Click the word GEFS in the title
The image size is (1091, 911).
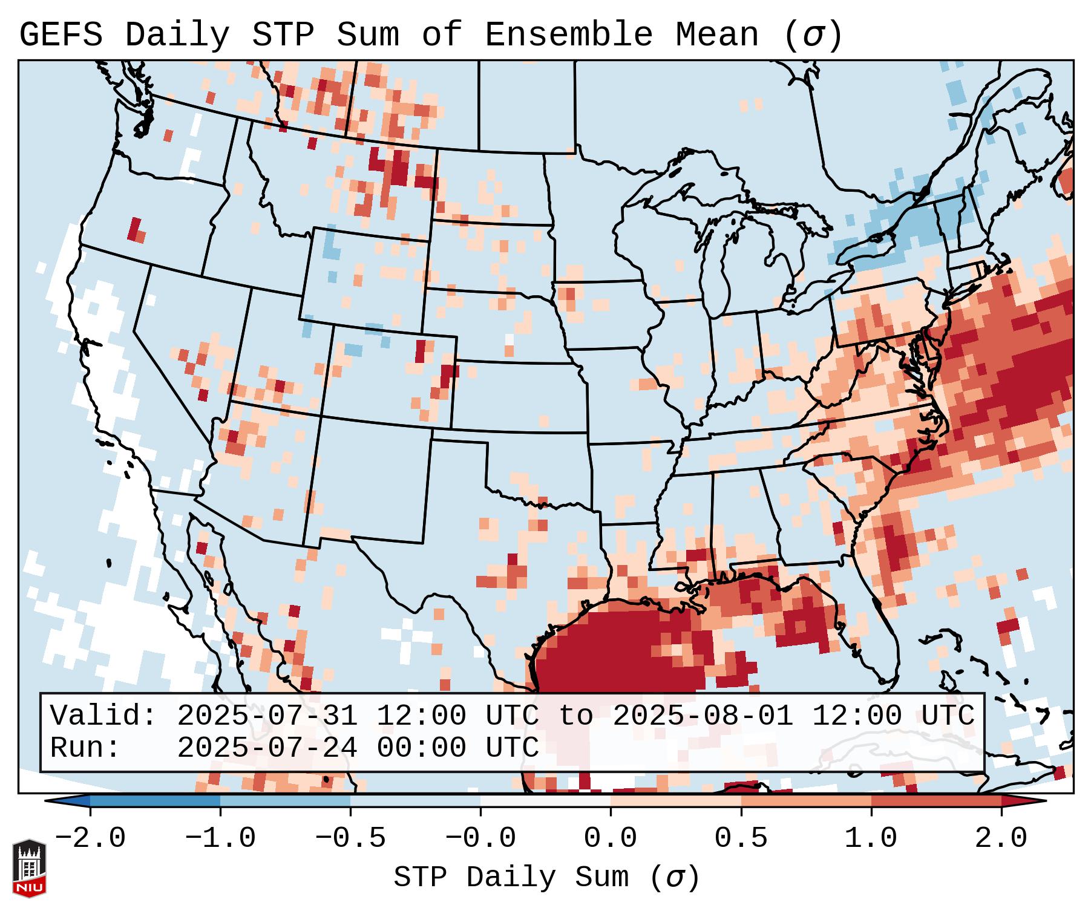tap(61, 35)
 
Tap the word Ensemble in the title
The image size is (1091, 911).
tap(569, 35)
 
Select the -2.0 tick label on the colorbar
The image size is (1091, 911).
tap(90, 838)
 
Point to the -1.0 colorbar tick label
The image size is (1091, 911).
tap(220, 838)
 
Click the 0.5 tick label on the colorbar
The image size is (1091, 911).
tap(741, 838)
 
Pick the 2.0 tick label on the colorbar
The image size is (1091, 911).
tap(1001, 838)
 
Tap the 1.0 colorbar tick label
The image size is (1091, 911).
tap(871, 838)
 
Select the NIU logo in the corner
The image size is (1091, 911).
tap(29, 868)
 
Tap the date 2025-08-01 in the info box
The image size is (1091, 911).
tap(703, 716)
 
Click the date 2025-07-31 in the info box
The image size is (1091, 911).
tap(267, 716)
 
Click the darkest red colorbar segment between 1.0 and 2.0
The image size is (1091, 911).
tap(936, 801)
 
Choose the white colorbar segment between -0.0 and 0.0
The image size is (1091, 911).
tap(545, 801)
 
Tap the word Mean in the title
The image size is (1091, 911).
tap(717, 35)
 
